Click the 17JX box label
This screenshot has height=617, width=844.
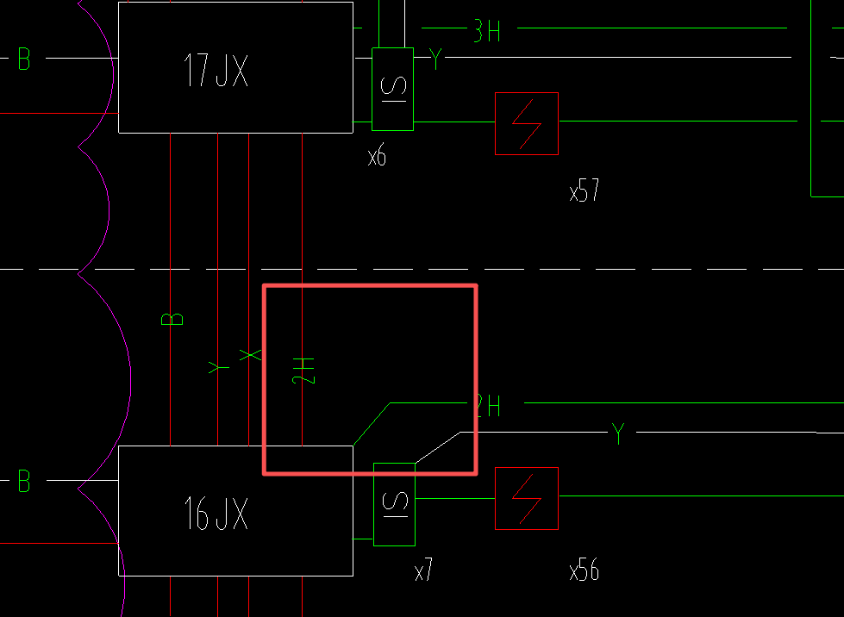[216, 71]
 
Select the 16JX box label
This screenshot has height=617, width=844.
[216, 514]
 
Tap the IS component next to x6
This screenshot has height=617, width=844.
[392, 89]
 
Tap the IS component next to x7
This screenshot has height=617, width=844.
[394, 504]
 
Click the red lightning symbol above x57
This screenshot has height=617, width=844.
[526, 123]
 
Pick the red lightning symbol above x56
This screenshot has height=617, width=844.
[526, 498]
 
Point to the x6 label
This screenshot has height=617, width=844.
[377, 157]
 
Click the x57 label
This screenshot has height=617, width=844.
[584, 191]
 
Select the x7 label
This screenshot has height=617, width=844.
[423, 570]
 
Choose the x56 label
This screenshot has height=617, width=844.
[584, 570]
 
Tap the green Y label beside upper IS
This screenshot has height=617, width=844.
[436, 59]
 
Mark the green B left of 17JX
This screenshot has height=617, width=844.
[24, 59]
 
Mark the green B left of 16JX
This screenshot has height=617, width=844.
[24, 481]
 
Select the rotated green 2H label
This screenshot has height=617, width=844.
[303, 371]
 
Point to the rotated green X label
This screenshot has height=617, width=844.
[249, 355]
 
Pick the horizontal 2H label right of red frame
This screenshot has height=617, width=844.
[488, 405]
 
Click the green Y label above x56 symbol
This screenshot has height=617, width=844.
[617, 433]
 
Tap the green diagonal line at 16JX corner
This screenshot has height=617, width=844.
[371, 424]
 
